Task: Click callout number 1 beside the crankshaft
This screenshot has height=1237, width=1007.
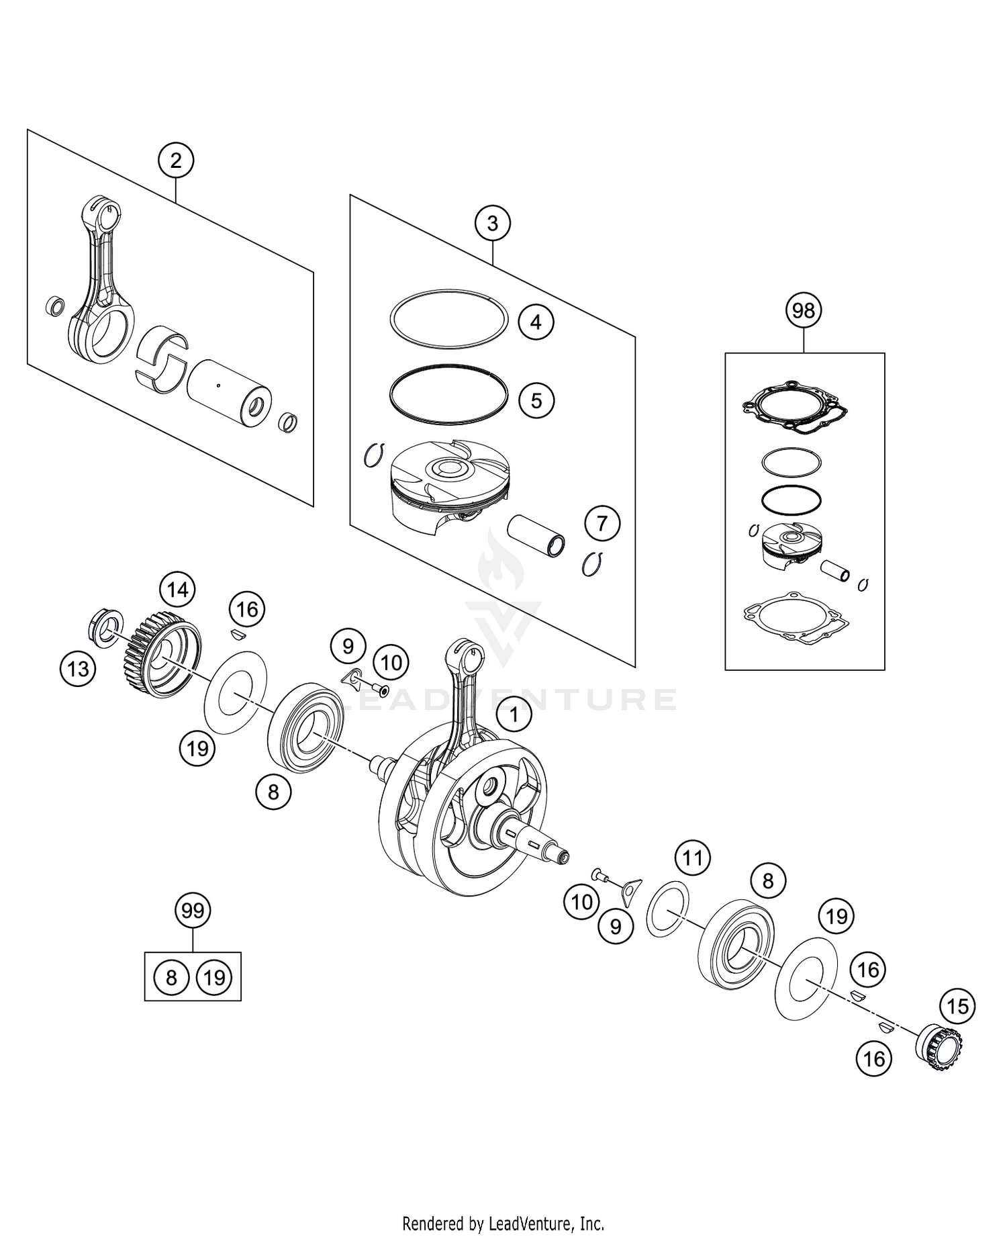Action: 514,715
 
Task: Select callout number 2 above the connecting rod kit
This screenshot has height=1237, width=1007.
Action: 176,161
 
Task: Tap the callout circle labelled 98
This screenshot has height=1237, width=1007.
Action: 803,310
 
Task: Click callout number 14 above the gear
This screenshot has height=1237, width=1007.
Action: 177,590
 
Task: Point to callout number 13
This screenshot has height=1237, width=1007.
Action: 79,668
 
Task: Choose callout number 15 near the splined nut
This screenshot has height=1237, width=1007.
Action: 958,1006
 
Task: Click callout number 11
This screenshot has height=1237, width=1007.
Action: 692,858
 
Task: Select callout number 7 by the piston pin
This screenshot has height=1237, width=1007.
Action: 602,522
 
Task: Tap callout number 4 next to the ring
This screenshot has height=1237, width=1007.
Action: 536,322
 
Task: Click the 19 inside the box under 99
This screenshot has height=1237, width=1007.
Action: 214,977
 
